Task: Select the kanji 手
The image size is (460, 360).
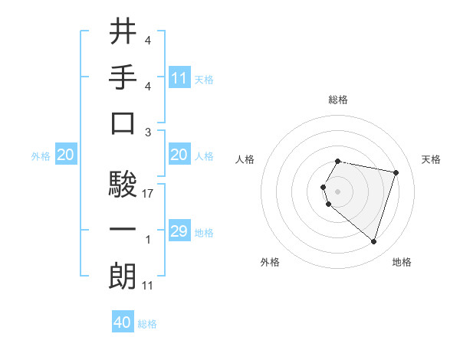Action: coord(123,77)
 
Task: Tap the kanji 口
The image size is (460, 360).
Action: coord(123,123)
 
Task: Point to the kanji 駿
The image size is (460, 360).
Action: coord(123,184)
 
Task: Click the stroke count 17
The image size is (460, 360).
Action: coord(148,194)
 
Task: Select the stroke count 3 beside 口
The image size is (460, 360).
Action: coord(148,133)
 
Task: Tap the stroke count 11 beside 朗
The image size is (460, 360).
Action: coord(148,286)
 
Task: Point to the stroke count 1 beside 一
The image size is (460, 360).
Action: coord(148,240)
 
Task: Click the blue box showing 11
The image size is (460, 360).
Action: coord(179,77)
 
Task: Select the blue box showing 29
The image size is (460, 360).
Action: coord(179,231)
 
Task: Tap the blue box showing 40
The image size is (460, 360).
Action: coord(123,322)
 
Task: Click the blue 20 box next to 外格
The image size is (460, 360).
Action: coord(65,155)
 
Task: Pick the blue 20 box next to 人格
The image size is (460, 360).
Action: coord(179,155)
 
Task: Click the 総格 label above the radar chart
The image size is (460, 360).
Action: coord(338,100)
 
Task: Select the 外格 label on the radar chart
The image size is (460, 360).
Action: coord(270,262)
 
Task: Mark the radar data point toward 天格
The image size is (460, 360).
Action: coord(396,172)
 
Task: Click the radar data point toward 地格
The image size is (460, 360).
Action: coord(373,242)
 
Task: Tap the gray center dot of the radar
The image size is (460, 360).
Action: coord(338,191)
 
